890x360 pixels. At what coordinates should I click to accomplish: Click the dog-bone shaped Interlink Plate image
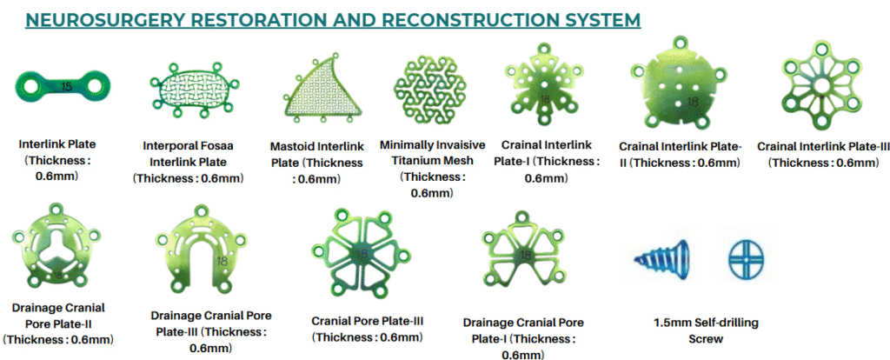coord(62,87)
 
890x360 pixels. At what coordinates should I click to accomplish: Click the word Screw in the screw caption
coord(706,339)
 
